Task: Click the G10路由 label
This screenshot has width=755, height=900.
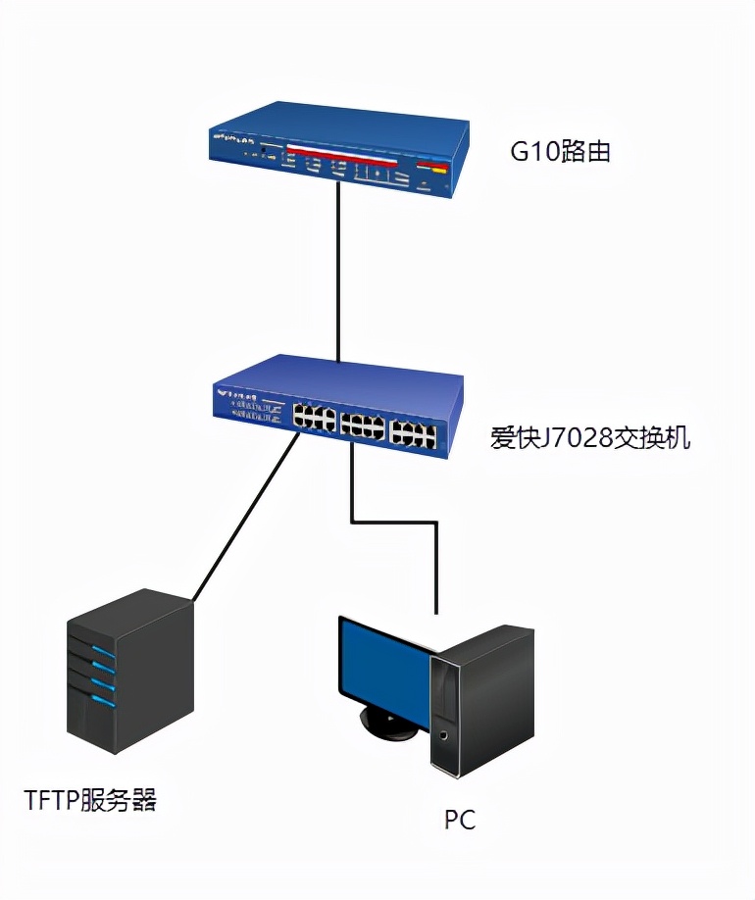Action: click(x=561, y=152)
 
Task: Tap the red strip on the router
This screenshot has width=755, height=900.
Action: click(x=342, y=155)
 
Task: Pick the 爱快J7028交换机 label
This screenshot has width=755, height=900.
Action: click(x=590, y=437)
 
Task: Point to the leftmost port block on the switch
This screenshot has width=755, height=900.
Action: click(x=313, y=418)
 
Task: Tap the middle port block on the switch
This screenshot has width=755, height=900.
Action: click(x=362, y=425)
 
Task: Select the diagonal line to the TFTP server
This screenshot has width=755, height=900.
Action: click(x=245, y=520)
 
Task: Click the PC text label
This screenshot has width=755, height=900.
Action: click(x=459, y=819)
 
